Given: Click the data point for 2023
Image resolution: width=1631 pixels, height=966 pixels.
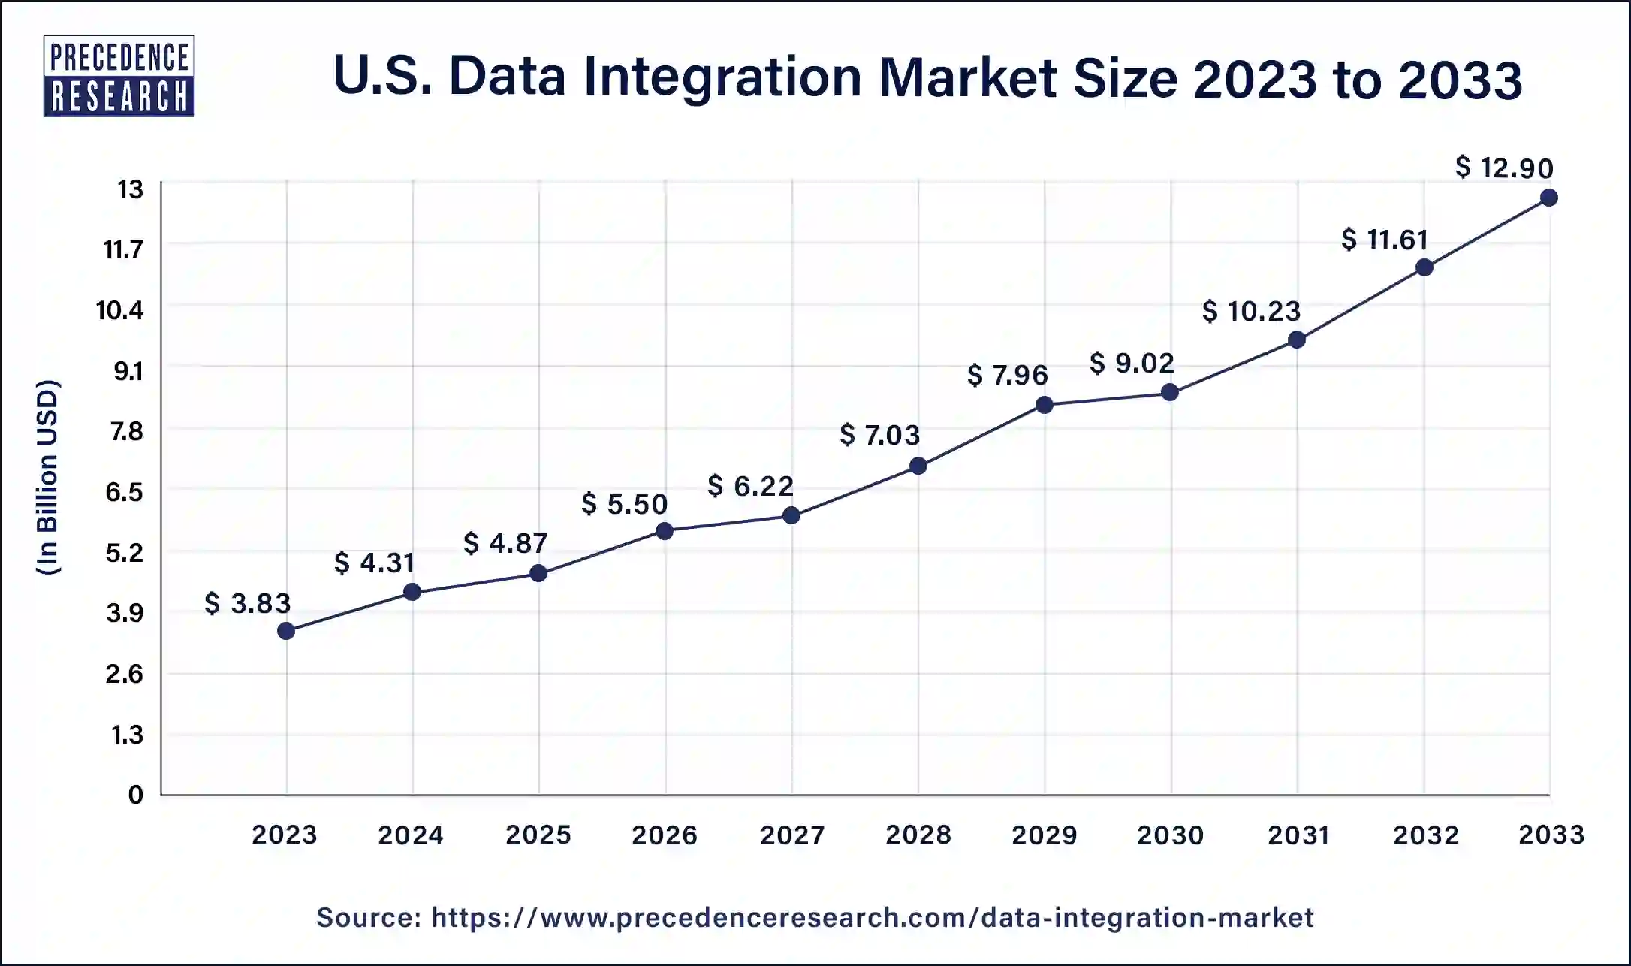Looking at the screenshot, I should click(x=286, y=631).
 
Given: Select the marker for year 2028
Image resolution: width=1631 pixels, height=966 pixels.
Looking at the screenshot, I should click(x=918, y=466).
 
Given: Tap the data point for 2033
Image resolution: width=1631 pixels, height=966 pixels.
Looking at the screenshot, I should click(x=1548, y=198).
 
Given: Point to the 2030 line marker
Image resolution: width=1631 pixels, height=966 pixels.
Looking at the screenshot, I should click(x=1170, y=392).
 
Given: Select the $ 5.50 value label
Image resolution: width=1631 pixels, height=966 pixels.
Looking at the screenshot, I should click(x=625, y=504).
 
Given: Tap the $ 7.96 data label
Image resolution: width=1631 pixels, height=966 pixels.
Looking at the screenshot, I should click(x=1008, y=375).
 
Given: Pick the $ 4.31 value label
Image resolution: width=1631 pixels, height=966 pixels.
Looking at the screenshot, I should click(x=375, y=563).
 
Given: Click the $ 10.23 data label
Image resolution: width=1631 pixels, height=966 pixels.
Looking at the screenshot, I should click(x=1252, y=311).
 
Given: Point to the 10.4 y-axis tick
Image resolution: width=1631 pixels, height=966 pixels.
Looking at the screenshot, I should click(x=119, y=309).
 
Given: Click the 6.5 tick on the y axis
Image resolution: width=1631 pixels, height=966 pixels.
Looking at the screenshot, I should click(x=124, y=492).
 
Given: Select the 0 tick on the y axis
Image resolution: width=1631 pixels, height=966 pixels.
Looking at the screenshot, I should click(x=136, y=795).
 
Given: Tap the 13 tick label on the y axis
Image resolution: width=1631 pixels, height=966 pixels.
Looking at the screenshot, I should click(x=130, y=189).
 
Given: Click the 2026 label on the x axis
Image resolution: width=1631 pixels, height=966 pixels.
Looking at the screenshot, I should click(x=665, y=835).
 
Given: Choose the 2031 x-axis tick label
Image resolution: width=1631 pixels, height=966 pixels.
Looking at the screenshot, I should click(x=1298, y=835).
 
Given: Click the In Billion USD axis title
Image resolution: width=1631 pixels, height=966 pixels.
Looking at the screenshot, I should click(x=48, y=478).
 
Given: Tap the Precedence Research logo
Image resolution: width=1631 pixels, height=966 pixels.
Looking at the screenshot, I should click(x=119, y=76).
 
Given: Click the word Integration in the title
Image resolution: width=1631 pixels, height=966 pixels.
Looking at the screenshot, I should click(x=722, y=78).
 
